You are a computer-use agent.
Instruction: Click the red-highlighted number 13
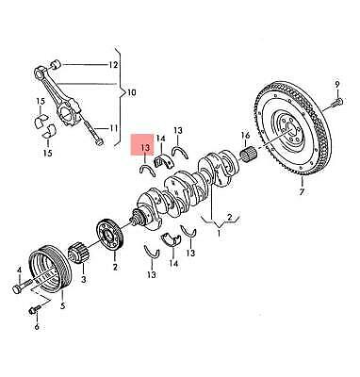[143, 148]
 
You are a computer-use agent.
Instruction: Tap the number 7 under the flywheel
[303, 192]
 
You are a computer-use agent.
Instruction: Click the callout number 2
[115, 268]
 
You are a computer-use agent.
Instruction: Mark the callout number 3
[83, 280]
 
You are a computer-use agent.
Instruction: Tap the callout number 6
[37, 328]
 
